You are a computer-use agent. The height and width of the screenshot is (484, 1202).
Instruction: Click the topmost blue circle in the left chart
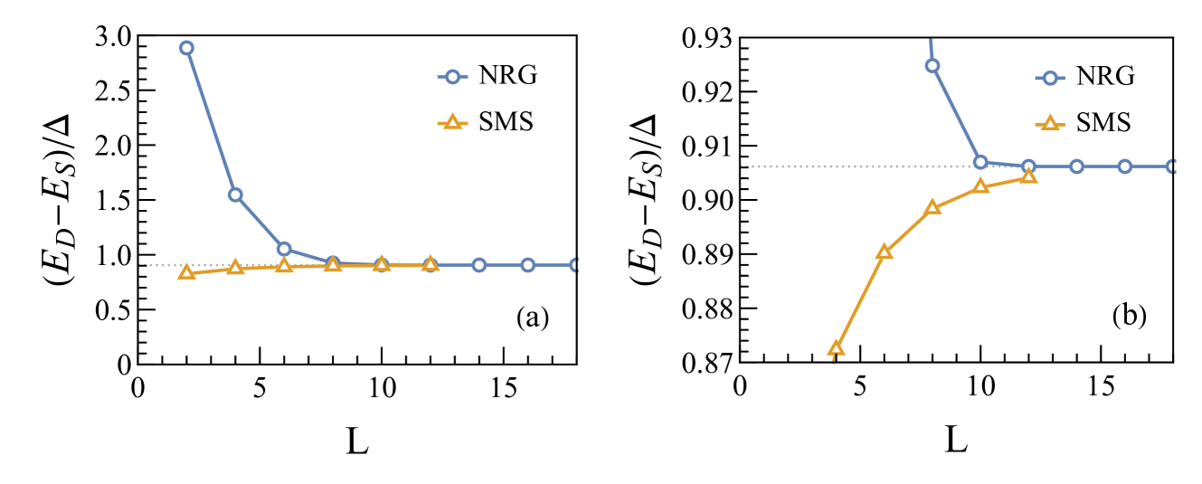(186, 48)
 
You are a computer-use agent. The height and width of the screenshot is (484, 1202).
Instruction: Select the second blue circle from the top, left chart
(235, 195)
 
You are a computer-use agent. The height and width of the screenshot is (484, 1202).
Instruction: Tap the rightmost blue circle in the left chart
(575, 265)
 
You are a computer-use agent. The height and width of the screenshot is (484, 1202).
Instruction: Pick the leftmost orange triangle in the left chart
(186, 271)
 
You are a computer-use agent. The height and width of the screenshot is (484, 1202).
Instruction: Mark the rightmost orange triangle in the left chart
(430, 263)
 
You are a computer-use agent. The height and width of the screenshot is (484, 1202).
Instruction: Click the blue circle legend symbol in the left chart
(452, 77)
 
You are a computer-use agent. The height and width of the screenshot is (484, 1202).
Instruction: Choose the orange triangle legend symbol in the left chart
(452, 121)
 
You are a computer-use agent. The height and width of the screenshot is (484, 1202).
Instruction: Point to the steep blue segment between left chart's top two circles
(211, 121)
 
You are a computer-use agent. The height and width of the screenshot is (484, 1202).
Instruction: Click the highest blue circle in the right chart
(932, 65)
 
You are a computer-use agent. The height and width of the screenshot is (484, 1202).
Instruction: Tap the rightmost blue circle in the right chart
(1172, 166)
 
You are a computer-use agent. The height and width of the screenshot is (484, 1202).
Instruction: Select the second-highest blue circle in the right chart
(980, 162)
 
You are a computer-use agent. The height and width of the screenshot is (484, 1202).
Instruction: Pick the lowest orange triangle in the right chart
(836, 348)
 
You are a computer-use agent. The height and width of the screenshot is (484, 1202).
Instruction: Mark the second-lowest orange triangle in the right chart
(884, 251)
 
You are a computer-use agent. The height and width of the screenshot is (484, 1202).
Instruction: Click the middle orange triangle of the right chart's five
(932, 207)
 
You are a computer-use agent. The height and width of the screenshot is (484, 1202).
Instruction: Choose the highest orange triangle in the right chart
(1027, 176)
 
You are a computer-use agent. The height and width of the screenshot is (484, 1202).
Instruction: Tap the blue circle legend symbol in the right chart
(1049, 78)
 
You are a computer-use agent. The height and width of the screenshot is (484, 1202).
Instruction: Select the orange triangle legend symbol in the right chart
(1049, 122)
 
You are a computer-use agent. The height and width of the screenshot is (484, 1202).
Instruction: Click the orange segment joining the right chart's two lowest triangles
(860, 299)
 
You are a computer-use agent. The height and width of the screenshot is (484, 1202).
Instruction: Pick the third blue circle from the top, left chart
(284, 249)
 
